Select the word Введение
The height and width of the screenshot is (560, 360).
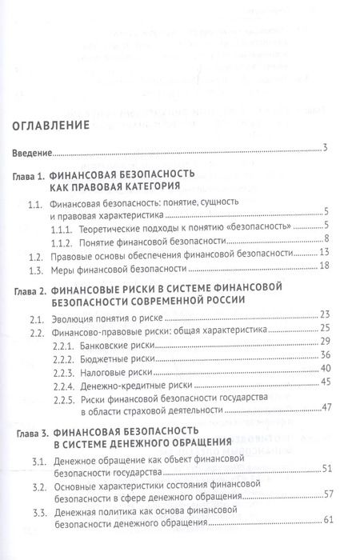[31, 152]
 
